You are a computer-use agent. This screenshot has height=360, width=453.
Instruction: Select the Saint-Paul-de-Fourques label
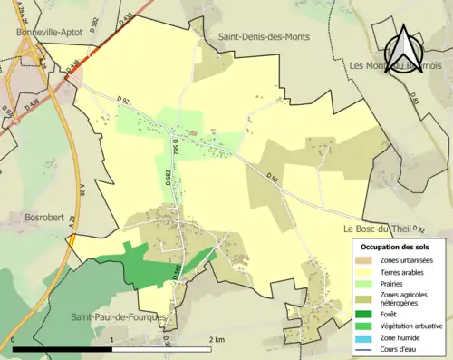pos(120,316)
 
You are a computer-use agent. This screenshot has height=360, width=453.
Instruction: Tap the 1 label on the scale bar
pos(111,339)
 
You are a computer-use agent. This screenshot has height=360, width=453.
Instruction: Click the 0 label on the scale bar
pos(14,339)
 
